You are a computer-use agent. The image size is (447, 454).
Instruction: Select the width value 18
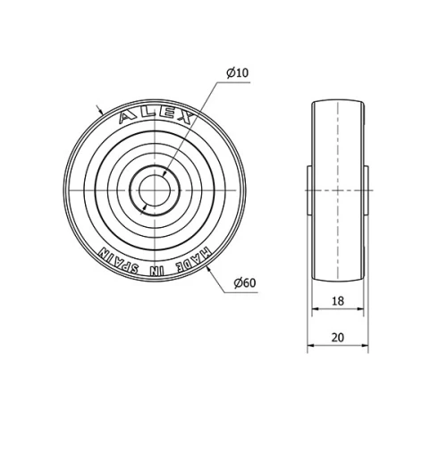[x=338, y=302]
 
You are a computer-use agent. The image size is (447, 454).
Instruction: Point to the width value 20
[x=338, y=337]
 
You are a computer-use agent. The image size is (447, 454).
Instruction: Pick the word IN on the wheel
[x=158, y=266]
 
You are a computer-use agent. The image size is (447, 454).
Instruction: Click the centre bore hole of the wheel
[x=156, y=189]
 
